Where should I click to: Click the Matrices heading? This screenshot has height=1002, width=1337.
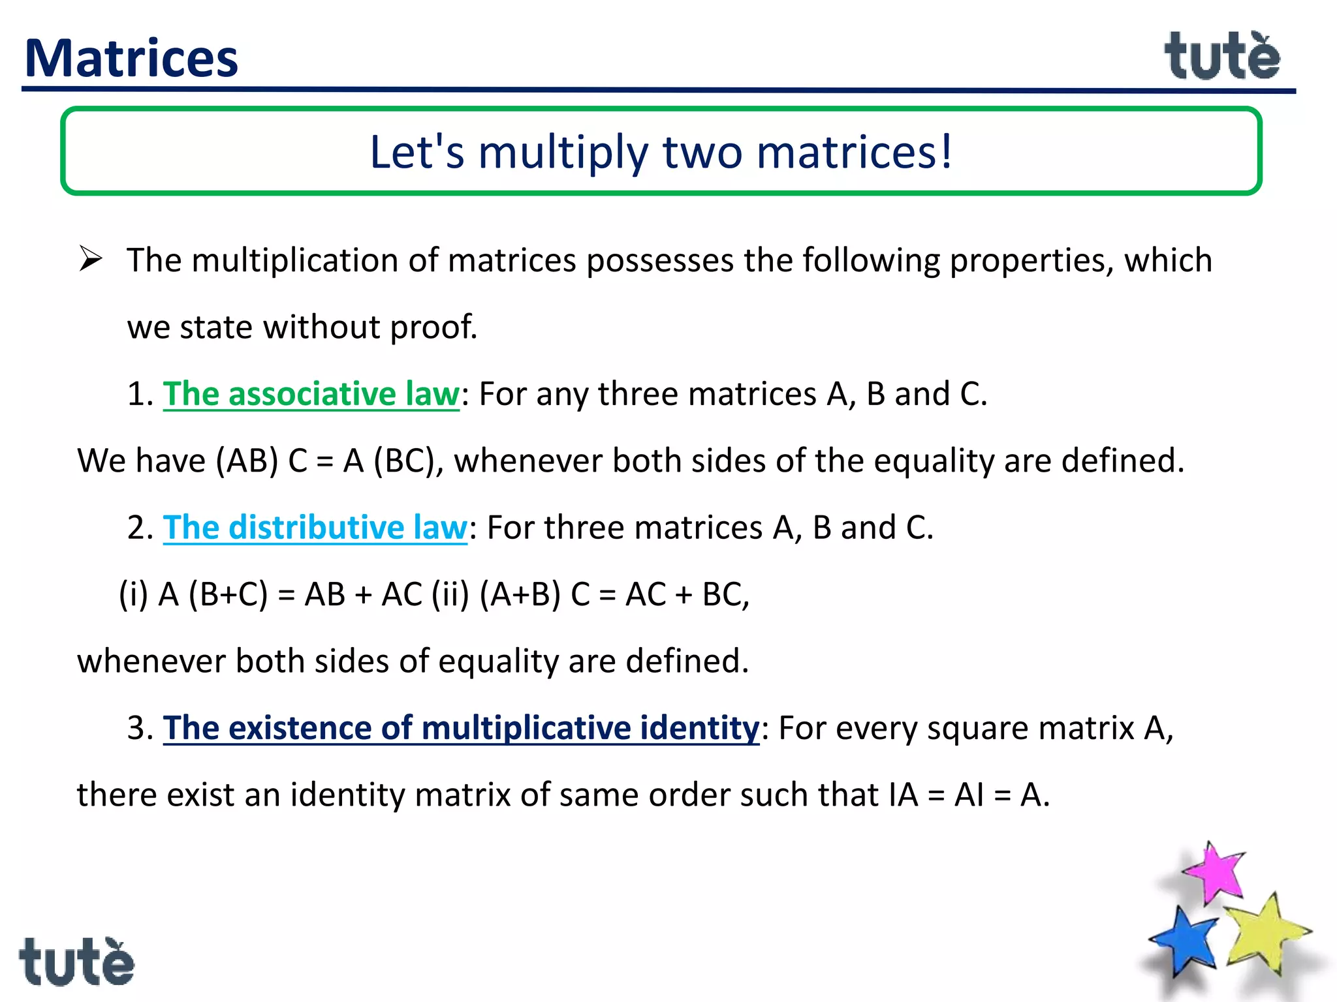[131, 59]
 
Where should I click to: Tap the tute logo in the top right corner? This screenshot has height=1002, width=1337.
[1222, 57]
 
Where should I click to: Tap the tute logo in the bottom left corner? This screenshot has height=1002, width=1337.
[76, 962]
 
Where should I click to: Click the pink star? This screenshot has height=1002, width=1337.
[1214, 873]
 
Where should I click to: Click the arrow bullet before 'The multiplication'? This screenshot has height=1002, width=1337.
[90, 259]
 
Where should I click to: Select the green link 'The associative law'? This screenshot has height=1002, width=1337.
[311, 394]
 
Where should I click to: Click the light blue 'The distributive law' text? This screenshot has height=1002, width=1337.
[315, 528]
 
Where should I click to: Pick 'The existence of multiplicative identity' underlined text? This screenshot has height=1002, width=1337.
[461, 728]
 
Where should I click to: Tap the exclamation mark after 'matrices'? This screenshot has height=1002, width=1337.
[945, 151]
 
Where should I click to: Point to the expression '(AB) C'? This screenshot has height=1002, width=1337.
[261, 461]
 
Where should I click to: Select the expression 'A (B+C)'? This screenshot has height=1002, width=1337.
[213, 595]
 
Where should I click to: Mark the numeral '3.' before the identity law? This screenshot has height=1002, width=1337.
[140, 728]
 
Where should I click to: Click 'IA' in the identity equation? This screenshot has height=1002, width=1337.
[903, 795]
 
